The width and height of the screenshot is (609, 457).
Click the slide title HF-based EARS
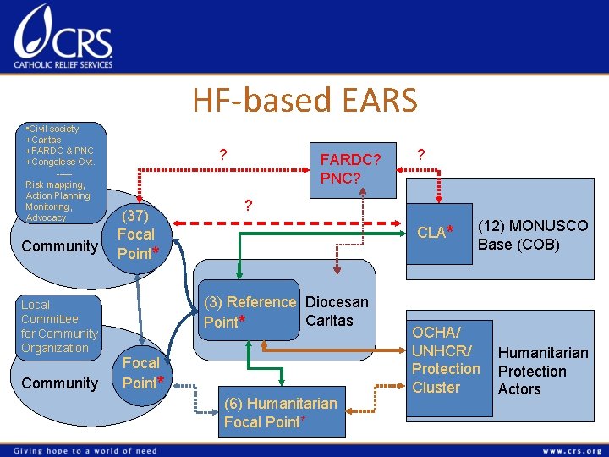click(304, 101)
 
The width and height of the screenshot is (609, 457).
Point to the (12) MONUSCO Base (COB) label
click(532, 235)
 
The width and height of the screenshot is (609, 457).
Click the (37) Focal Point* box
click(136, 234)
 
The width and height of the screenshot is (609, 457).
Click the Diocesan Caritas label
click(336, 311)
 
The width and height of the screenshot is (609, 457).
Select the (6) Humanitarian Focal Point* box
click(280, 412)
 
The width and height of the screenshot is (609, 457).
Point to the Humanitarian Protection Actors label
click(542, 371)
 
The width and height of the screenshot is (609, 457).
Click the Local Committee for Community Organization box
click(59, 326)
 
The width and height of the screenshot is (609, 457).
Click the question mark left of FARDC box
click(222, 155)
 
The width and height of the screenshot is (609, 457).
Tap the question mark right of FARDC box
click(421, 154)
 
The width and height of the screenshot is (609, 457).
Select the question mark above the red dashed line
click(248, 205)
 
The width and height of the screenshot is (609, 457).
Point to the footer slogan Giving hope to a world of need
click(85, 450)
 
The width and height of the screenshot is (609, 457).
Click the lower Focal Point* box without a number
click(140, 372)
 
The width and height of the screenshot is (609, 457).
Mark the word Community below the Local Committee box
click(60, 383)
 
